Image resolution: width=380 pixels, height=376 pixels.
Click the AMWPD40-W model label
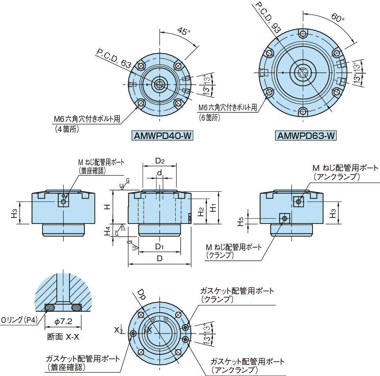162,136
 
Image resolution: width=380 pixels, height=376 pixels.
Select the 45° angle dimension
184,31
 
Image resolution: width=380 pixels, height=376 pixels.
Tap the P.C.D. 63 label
114,58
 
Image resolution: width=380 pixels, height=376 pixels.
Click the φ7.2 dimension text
63,322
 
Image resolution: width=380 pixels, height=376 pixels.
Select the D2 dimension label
160,161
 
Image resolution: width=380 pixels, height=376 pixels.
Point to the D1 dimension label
160,247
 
